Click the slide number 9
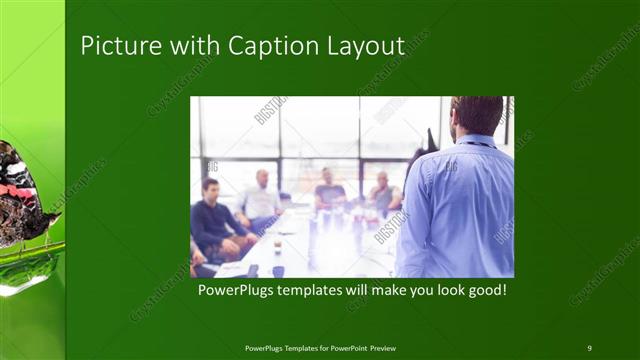(x=589, y=347)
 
